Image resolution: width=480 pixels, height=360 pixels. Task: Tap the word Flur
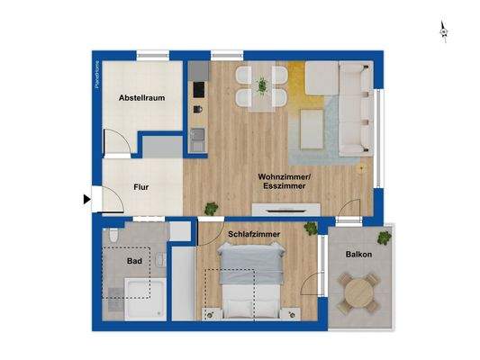[140, 188]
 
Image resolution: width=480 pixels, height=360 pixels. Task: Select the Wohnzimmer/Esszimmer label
[284, 182]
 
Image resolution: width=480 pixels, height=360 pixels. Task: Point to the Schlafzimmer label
[253, 234]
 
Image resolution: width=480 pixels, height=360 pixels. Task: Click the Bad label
[134, 262]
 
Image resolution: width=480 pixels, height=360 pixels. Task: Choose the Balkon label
[358, 255]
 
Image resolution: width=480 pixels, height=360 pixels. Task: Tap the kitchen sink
[197, 139]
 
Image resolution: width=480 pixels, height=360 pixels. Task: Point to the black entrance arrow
[86, 200]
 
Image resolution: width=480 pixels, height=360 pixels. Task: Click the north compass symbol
[443, 32]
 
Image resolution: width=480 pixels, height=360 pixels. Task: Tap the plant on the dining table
[262, 85]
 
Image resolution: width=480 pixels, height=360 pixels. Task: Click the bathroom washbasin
[159, 261]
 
